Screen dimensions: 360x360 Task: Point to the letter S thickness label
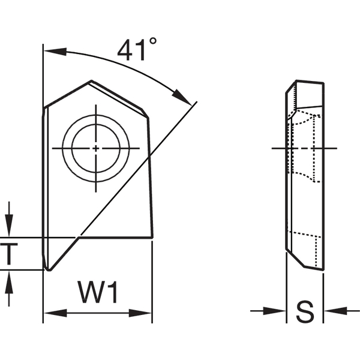point(305,311)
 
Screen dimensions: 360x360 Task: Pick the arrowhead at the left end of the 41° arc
point(51,50)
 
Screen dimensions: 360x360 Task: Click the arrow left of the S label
point(278,311)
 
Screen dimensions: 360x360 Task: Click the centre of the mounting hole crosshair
point(96,148)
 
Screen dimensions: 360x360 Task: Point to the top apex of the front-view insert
point(91,81)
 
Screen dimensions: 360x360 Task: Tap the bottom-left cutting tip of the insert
point(48,269)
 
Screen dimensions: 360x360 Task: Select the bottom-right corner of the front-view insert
point(152,238)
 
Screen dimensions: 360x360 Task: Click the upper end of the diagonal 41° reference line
point(196,104)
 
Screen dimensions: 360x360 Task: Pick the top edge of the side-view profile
point(309,81)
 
